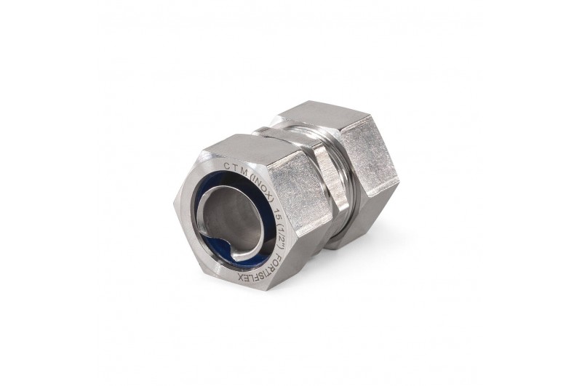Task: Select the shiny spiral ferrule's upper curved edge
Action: (x=218, y=190)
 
